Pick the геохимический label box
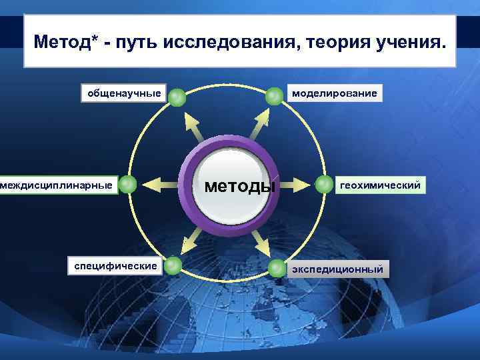click(x=380, y=185)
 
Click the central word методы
click(x=239, y=185)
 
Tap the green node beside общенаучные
click(x=176, y=97)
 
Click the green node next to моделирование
click(x=274, y=97)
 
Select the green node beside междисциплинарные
click(x=128, y=185)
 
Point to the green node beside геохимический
click(x=324, y=184)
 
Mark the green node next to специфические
click(x=173, y=265)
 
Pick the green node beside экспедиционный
click(x=277, y=268)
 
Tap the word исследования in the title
click(x=215, y=43)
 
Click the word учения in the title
click(x=406, y=43)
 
